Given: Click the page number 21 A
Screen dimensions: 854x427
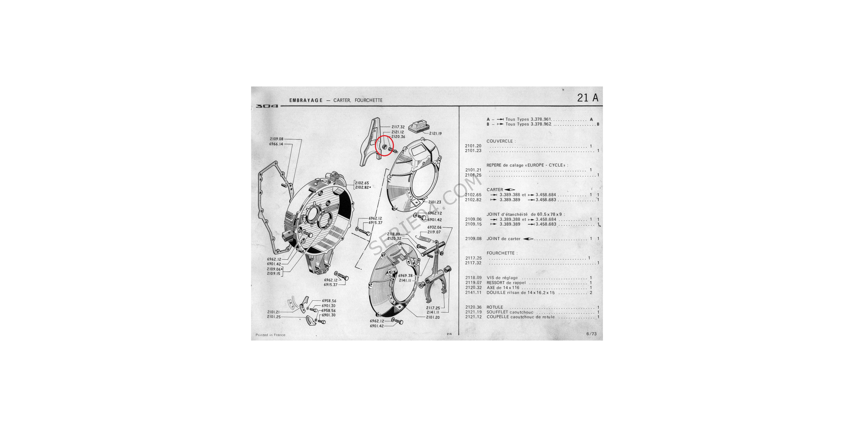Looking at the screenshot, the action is click(588, 98).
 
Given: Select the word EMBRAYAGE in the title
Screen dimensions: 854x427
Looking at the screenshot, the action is click(306, 100).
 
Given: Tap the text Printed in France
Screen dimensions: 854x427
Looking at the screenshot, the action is click(270, 335).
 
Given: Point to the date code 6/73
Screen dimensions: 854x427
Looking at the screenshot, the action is click(591, 334).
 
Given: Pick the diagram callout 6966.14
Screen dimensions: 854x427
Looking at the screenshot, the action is click(276, 144).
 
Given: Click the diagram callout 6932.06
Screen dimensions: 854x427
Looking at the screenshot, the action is click(434, 227).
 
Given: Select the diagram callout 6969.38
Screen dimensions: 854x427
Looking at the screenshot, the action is click(405, 275).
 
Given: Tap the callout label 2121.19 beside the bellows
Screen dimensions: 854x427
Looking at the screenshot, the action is click(435, 134).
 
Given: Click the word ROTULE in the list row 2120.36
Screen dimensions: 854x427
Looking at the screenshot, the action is click(495, 307).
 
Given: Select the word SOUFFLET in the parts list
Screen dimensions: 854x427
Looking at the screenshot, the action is click(497, 312).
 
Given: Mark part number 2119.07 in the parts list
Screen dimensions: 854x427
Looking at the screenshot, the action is click(473, 283).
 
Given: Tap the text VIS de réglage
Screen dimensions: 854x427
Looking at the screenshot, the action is click(502, 278).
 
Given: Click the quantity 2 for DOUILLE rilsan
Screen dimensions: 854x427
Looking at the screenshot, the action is click(591, 292).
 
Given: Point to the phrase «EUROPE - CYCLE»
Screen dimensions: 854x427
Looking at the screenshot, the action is click(546, 165).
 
